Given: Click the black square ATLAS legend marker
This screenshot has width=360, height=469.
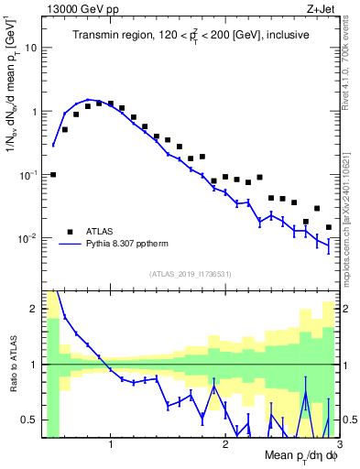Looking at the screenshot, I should tap(70, 231).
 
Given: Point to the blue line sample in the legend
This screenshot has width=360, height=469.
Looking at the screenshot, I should tap(70, 245).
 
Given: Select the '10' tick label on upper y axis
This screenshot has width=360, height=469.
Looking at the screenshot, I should tap(34, 47).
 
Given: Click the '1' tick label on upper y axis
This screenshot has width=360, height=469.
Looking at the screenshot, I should tap(37, 111).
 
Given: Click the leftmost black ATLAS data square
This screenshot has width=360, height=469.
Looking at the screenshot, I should tap(53, 174).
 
